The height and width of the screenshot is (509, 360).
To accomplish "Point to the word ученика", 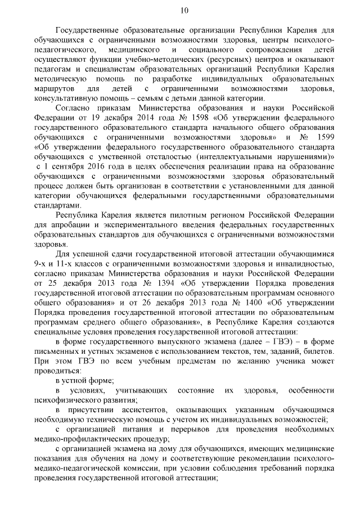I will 293,359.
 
